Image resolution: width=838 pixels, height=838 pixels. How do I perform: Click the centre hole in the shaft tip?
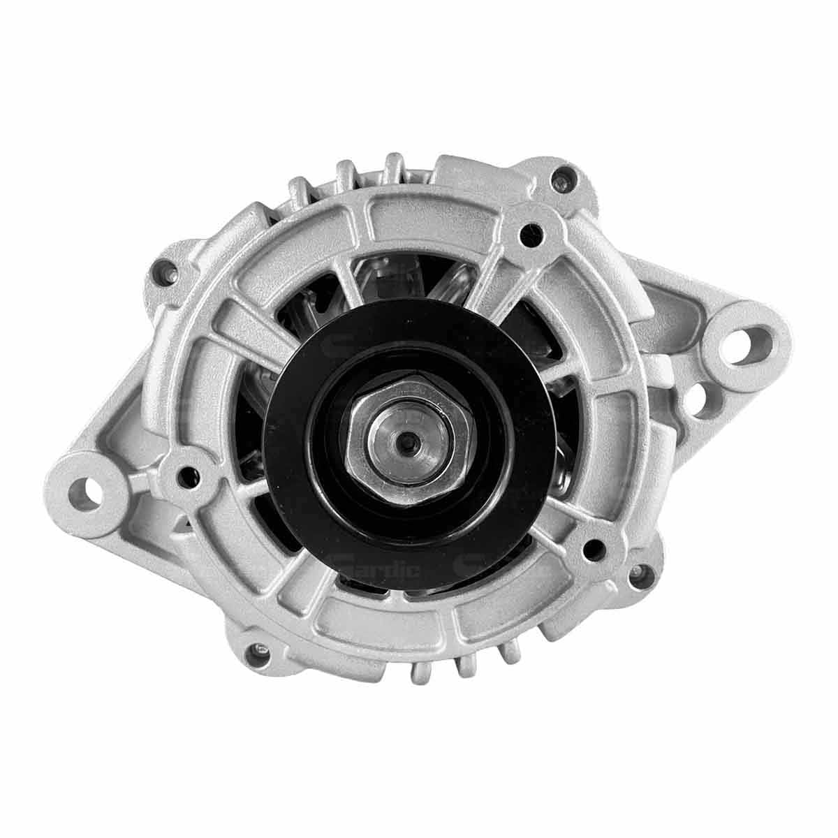406,440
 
